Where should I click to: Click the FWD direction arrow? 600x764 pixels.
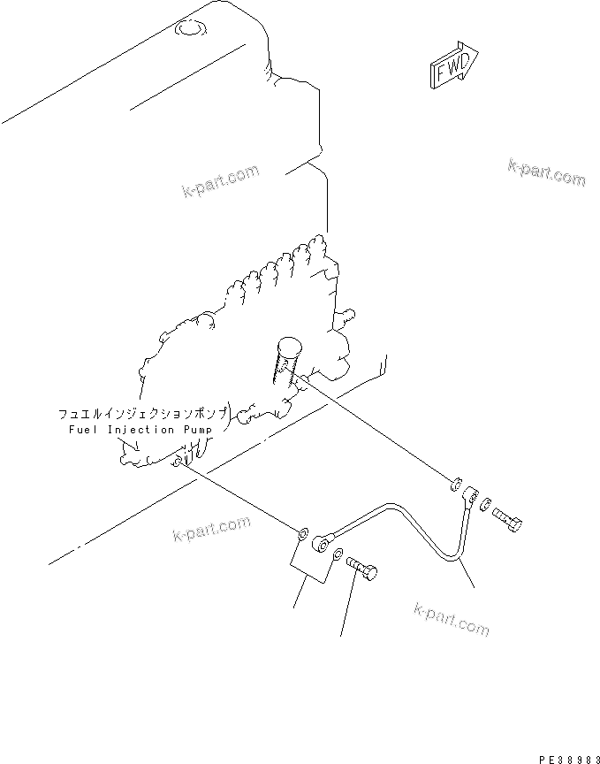point(454,66)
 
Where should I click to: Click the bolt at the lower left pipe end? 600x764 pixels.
point(362,568)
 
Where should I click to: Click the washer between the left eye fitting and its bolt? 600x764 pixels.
point(338,554)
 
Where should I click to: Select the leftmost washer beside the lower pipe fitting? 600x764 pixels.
point(303,534)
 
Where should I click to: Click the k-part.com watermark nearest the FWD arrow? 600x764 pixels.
point(546,173)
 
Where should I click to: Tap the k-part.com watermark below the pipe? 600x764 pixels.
point(451,618)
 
